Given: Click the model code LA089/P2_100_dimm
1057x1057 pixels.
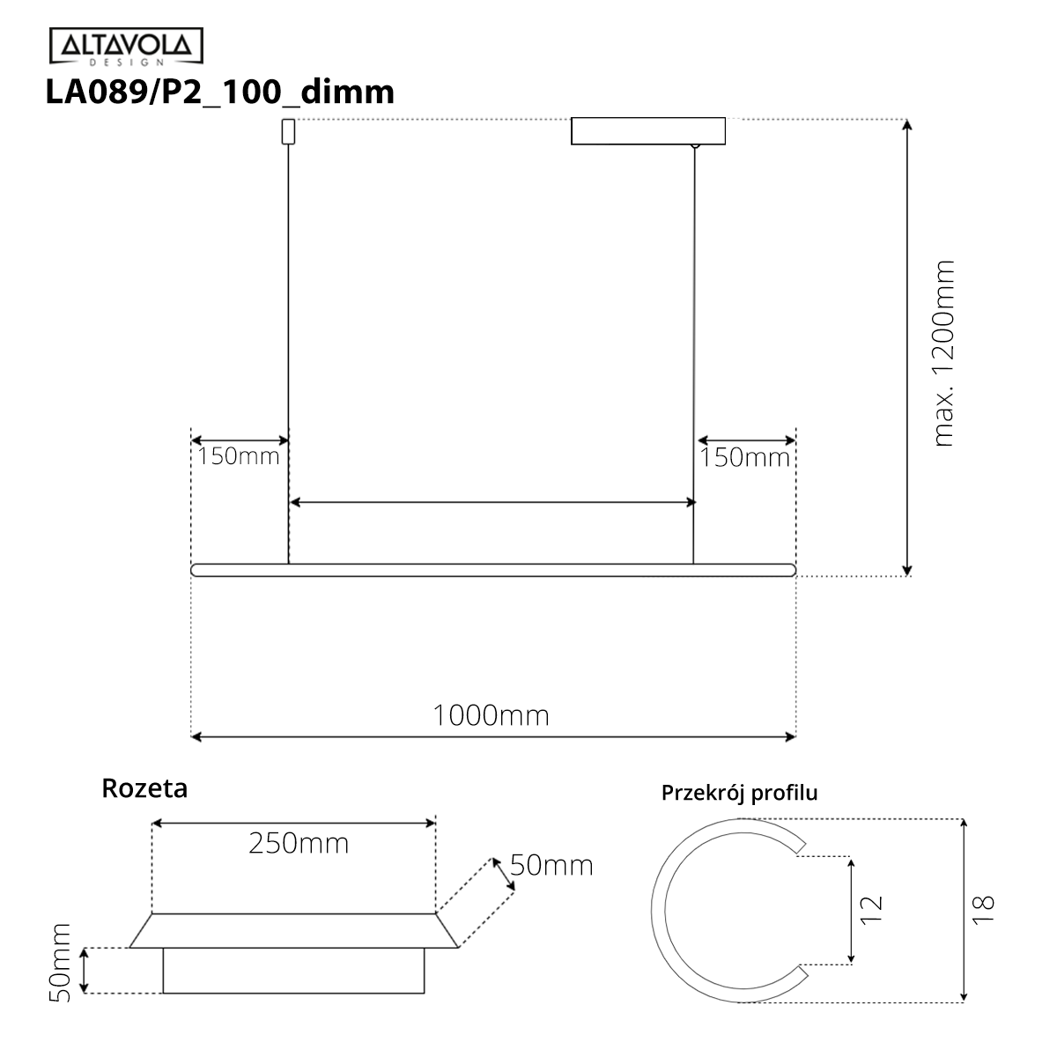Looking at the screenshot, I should [x=219, y=91].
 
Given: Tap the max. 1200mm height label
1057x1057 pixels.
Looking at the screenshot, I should [x=943, y=352].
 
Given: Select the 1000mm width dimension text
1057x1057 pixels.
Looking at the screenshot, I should [x=491, y=715].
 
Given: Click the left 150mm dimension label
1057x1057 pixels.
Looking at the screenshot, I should [x=238, y=456].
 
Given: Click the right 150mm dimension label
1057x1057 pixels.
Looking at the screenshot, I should [x=744, y=458].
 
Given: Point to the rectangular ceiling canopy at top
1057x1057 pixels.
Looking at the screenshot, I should [x=648, y=131].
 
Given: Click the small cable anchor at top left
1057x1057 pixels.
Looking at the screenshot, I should [x=287, y=131].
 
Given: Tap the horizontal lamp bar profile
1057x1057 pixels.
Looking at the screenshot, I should [x=493, y=570].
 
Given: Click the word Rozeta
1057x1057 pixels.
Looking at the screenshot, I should [x=144, y=787].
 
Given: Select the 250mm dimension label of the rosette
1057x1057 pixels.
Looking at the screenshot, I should [x=299, y=844].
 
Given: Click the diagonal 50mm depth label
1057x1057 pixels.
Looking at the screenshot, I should [x=551, y=865].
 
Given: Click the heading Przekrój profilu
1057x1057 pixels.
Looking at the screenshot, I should [x=739, y=793].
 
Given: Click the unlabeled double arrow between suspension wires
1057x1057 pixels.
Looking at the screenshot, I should [x=492, y=502].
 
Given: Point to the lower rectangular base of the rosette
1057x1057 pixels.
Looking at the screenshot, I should [x=293, y=972].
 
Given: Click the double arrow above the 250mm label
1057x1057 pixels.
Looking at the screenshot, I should [x=293, y=823].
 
